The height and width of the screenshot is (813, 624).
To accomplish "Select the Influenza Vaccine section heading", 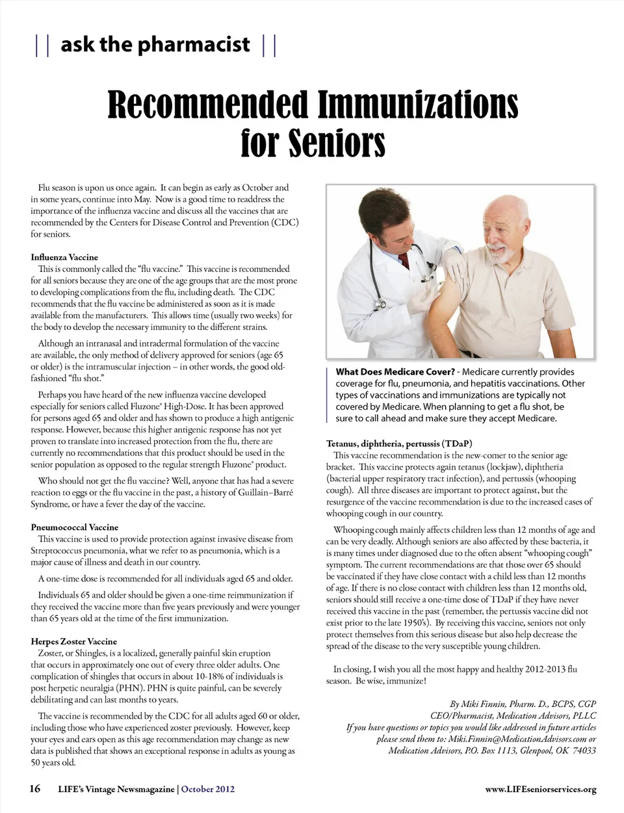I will pyautogui.click(x=64, y=257).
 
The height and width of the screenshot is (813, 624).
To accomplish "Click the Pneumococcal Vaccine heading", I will pyautogui.click(x=75, y=527).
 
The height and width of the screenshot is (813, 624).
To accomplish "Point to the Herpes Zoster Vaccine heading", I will pyautogui.click(x=74, y=641).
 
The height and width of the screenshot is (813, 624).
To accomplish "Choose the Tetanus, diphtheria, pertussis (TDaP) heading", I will pyautogui.click(x=399, y=444).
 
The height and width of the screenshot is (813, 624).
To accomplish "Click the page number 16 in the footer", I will pyautogui.click(x=35, y=789).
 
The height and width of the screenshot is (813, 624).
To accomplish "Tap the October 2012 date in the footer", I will pyautogui.click(x=208, y=789).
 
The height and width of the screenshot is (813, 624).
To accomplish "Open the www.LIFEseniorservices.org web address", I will pyautogui.click(x=540, y=790).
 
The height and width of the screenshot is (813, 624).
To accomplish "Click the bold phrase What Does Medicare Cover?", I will pyautogui.click(x=395, y=372).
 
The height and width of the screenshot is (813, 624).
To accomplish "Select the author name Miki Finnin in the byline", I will pyautogui.click(x=478, y=704).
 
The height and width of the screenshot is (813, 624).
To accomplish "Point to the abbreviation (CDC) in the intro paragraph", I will pyautogui.click(x=285, y=222).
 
